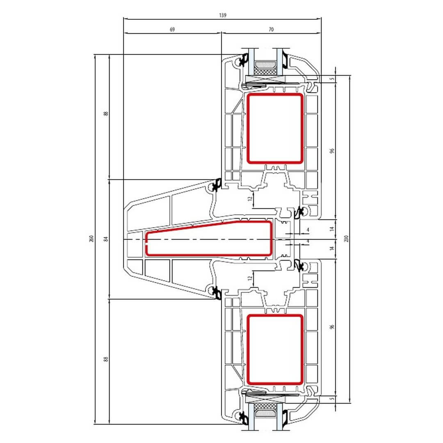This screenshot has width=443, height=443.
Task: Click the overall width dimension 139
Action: click(223, 15)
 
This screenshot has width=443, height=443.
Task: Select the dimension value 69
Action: click(172, 29)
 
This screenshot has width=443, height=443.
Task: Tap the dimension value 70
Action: click(271, 29)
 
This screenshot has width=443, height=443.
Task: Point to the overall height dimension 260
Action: click(91, 239)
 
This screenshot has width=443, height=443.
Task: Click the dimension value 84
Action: click(106, 239)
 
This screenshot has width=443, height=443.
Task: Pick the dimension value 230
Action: click(347, 239)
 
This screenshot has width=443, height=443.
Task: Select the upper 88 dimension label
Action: click(106, 114)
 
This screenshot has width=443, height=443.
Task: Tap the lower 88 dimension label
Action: click(106, 359)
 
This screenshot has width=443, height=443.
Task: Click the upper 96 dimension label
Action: click(332, 151)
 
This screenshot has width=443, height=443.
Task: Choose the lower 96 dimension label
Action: click(332, 327)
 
